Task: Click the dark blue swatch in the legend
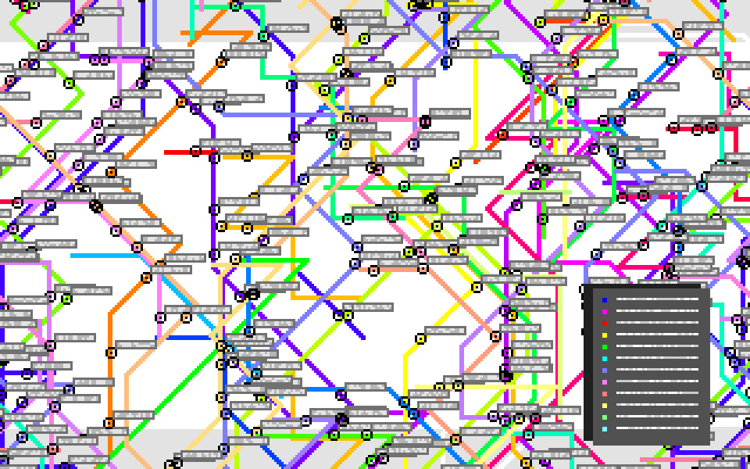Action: pyautogui.click(x=605, y=300)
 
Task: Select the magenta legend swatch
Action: pyautogui.click(x=605, y=312)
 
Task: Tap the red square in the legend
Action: pyautogui.click(x=605, y=324)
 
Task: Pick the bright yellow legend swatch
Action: pyautogui.click(x=605, y=335)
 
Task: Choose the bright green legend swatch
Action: pyautogui.click(x=605, y=347)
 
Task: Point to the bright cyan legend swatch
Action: pyautogui.click(x=605, y=359)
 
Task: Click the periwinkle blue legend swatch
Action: pyautogui.click(x=605, y=371)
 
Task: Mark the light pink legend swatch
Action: pyautogui.click(x=605, y=382)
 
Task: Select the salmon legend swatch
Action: pyautogui.click(x=605, y=394)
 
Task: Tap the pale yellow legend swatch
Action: pyautogui.click(x=605, y=406)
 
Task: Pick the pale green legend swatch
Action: pyautogui.click(x=605, y=417)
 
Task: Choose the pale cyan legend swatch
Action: pyautogui.click(x=605, y=429)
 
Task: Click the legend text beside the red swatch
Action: pyautogui.click(x=657, y=324)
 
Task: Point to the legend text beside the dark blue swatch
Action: pyautogui.click(x=657, y=300)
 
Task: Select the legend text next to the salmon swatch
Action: pyautogui.click(x=657, y=394)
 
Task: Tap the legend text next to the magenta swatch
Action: pyautogui.click(x=657, y=312)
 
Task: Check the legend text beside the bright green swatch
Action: pyautogui.click(x=657, y=347)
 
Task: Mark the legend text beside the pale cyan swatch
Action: pyautogui.click(x=657, y=429)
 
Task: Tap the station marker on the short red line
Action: pyautogui.click(x=195, y=152)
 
